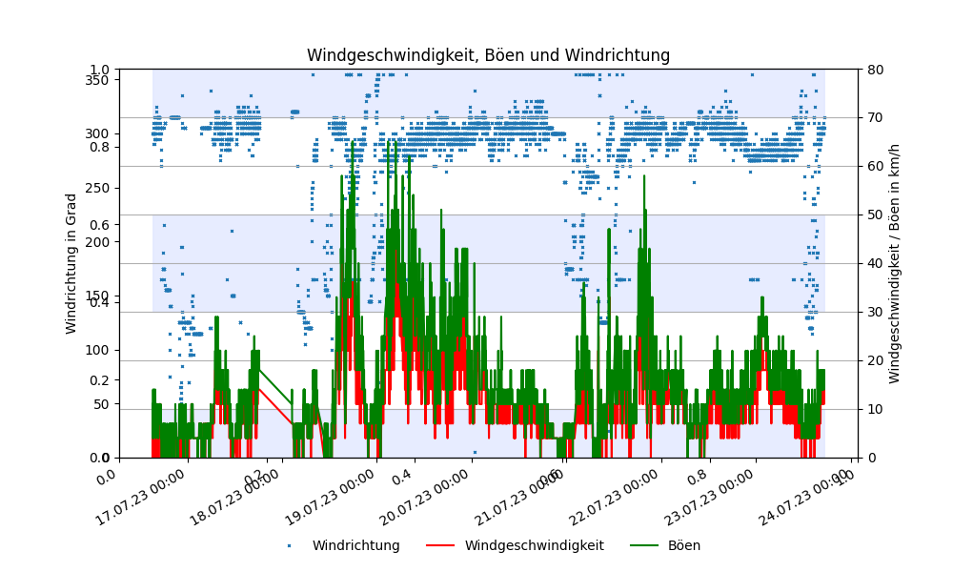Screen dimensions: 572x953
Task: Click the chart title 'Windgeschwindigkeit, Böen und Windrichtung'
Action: (x=488, y=55)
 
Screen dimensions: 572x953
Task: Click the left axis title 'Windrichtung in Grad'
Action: (x=71, y=263)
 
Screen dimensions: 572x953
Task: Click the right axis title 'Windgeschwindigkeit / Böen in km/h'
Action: (x=895, y=263)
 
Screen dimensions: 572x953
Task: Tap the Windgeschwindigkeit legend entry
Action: (x=534, y=546)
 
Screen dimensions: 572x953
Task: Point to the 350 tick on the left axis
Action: (x=96, y=80)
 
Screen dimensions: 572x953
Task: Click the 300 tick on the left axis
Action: (x=96, y=133)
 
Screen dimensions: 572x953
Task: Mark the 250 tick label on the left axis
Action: (x=96, y=188)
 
